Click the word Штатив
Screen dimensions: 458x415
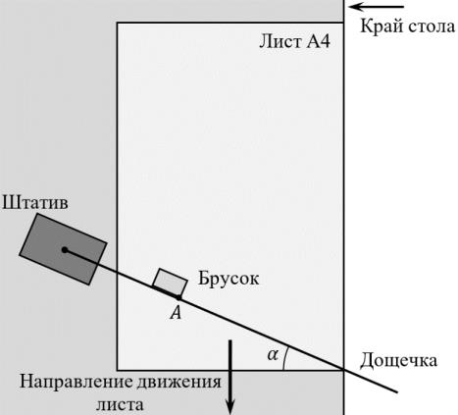coord(35,203)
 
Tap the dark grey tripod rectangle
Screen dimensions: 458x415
coord(63,249)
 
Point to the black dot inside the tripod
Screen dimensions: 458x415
coord(65,250)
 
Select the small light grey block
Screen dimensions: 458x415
coord(170,283)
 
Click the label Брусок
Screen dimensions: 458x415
coord(229,280)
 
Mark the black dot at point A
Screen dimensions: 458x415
coord(178,298)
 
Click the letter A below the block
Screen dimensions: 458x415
coord(176,313)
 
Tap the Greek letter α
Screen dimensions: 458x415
coord(273,354)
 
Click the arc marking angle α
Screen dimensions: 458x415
coord(284,358)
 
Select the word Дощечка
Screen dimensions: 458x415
coord(398,361)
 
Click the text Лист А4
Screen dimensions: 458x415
coord(294,42)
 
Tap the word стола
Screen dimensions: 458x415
coord(432,26)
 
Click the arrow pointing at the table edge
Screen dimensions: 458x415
coord(377,7)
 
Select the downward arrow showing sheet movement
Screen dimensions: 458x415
coord(230,376)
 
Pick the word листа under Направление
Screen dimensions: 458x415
coord(120,405)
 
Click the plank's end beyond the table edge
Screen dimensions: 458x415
coord(397,391)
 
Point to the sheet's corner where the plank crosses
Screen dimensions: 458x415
coord(343,370)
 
